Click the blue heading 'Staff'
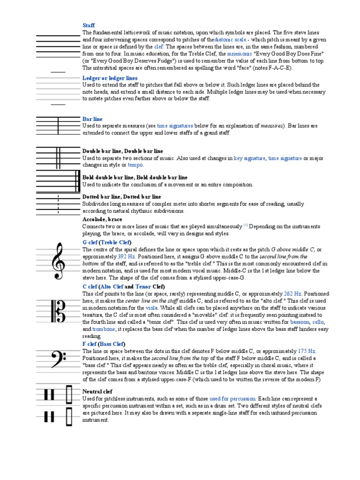(89, 25)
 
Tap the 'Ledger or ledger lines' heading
(110, 78)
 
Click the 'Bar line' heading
(92, 119)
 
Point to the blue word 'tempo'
(136, 165)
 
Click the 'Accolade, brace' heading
(102, 219)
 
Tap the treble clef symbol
(59, 260)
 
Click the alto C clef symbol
(59, 308)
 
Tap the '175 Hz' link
(307, 351)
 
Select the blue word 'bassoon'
(300, 322)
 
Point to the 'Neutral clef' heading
(97, 391)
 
